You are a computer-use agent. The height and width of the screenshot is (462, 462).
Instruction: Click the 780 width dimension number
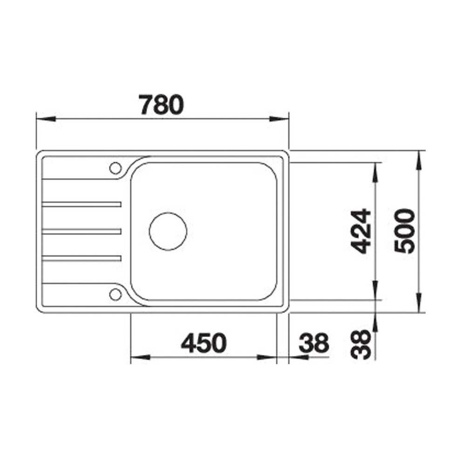click(x=161, y=105)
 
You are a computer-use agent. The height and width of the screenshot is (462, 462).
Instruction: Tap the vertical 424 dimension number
click(x=362, y=231)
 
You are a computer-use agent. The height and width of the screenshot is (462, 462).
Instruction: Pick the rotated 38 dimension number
click(x=362, y=345)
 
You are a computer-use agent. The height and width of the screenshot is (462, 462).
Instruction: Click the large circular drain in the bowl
click(x=168, y=231)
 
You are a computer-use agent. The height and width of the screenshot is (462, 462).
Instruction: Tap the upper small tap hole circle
click(x=115, y=168)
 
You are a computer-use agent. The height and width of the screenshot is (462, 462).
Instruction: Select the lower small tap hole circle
click(x=115, y=294)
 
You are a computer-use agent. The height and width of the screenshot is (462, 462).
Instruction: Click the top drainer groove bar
click(x=82, y=204)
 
